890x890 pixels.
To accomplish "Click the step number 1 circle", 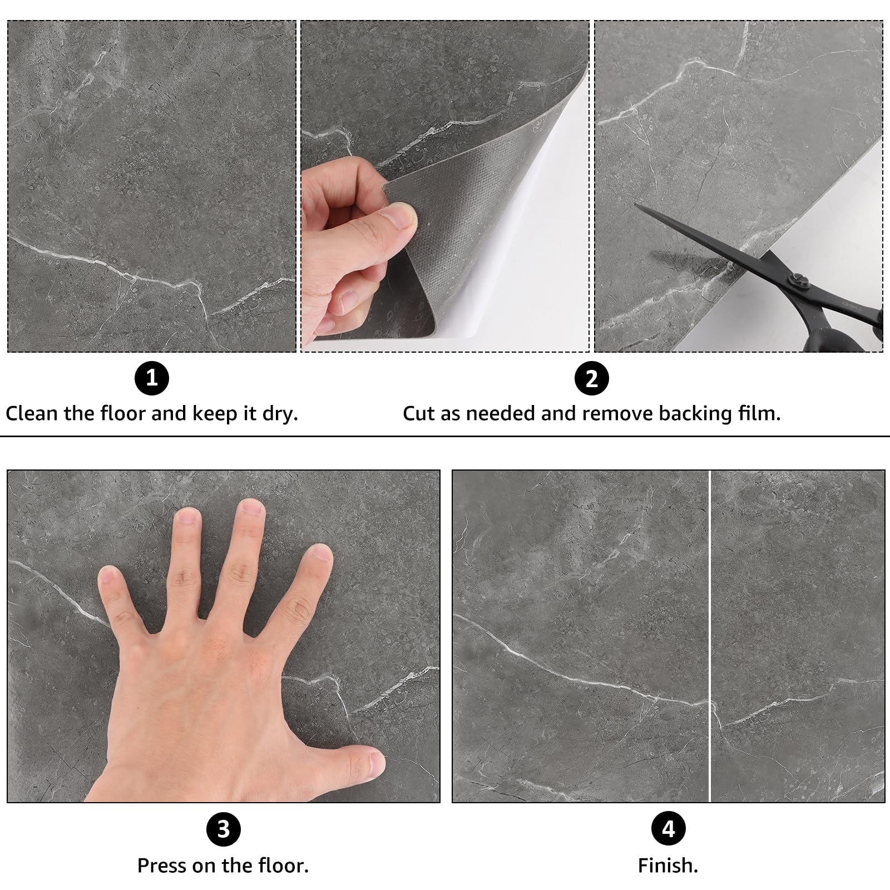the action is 151,379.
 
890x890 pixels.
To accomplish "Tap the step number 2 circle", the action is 592,379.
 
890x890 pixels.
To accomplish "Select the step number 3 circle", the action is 223,829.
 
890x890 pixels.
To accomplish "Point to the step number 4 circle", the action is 668,829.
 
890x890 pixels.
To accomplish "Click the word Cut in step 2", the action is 419,414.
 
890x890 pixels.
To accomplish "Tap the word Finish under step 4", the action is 667,866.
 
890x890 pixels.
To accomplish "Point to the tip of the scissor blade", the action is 636,204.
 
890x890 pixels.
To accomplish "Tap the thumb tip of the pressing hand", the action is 376,763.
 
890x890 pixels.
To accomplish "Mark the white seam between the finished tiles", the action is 710,636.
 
